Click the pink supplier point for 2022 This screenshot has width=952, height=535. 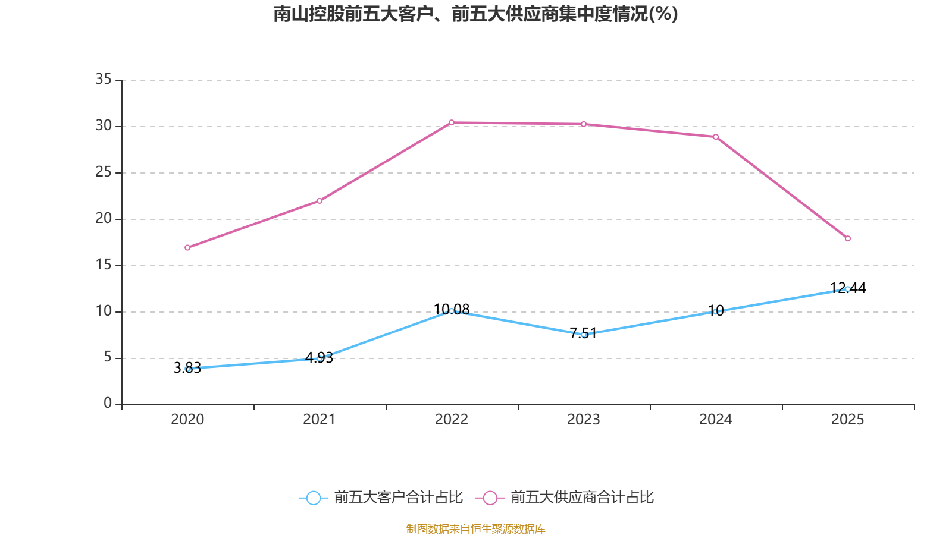tap(452, 122)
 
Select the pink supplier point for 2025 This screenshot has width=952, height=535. tap(848, 238)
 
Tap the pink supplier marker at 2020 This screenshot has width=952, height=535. tap(187, 247)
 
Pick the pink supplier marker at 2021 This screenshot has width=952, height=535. tap(320, 201)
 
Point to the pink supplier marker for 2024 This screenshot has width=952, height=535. tap(716, 137)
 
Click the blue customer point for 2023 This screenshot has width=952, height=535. tap(584, 335)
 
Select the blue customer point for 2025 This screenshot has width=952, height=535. tap(848, 289)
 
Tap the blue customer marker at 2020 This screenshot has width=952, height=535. tap(188, 369)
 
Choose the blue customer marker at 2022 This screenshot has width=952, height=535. tap(452, 310)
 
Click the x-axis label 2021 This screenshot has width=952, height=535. tap(320, 420)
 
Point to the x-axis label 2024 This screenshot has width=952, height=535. tap(716, 420)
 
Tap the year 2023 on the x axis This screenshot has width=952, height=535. tap(584, 420)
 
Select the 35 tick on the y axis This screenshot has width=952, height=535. tap(104, 79)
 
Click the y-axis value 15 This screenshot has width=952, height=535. tap(104, 265)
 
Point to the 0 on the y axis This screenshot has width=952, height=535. tap(108, 404)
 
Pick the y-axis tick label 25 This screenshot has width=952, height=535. tap(104, 172)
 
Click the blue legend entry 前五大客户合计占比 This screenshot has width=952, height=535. tap(381, 498)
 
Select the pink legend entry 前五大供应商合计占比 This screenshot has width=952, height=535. tap(565, 498)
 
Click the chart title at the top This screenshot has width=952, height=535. tap(475, 14)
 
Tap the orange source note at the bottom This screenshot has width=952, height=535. tap(475, 528)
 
